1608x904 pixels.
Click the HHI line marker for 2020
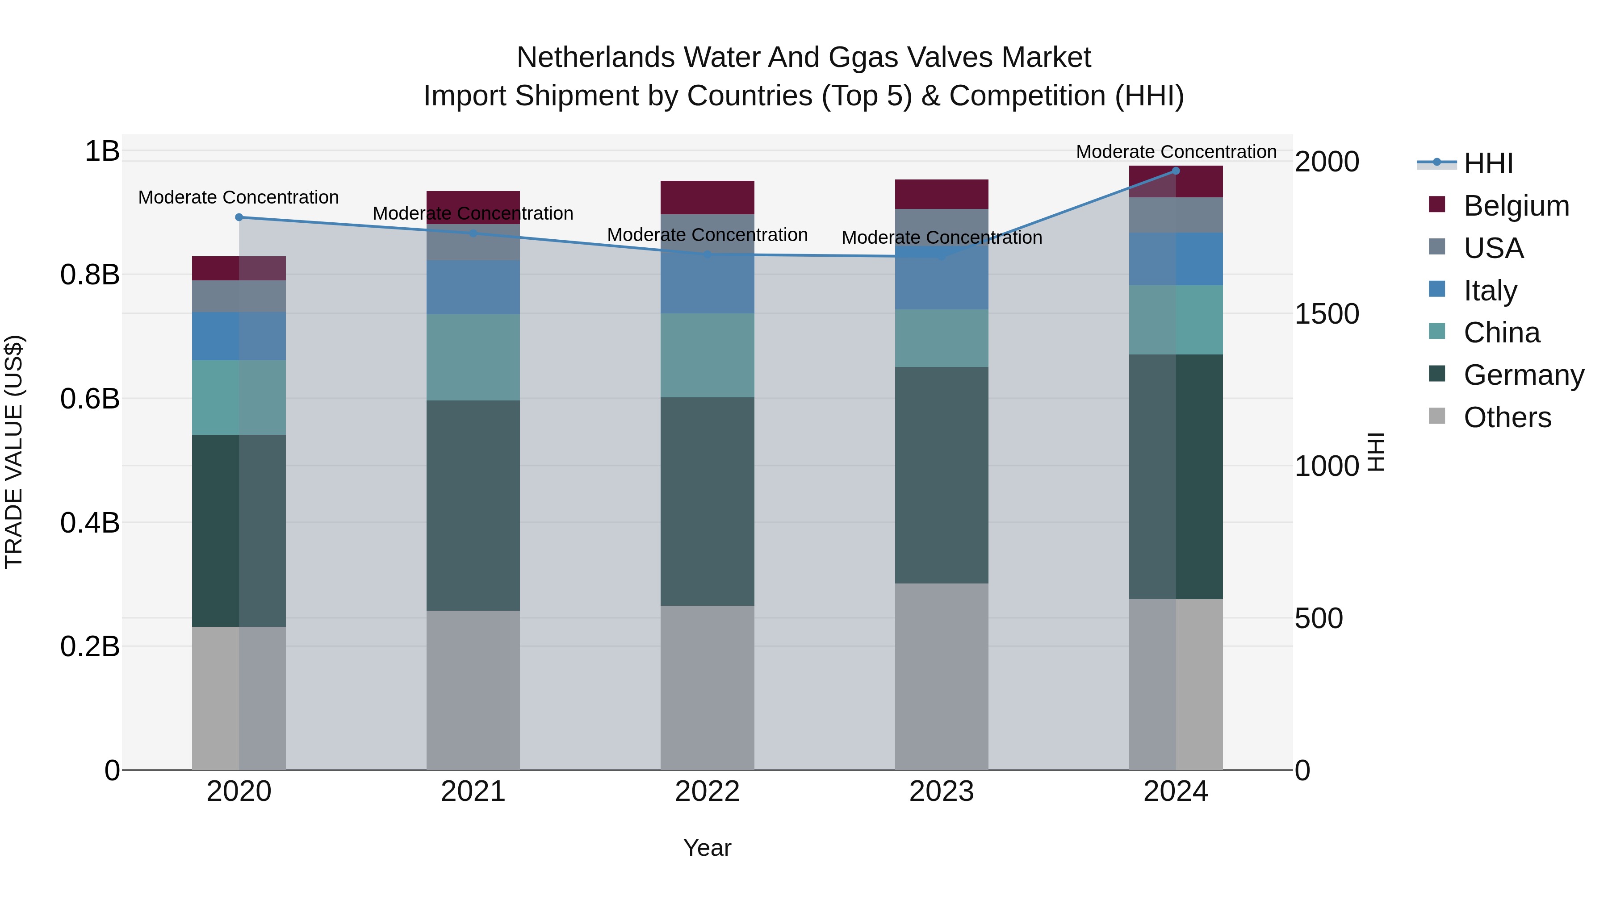239,217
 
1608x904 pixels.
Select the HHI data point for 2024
1176,171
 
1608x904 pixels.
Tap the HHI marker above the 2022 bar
707,254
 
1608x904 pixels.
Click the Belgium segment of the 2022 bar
707,198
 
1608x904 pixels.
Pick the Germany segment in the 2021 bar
473,505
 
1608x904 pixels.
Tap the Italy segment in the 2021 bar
473,287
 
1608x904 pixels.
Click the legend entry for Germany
1524,375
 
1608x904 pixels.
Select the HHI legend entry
1488,163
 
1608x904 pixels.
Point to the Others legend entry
1507,417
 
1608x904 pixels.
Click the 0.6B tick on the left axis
90,399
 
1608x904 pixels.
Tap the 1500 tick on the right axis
1327,314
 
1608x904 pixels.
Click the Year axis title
707,848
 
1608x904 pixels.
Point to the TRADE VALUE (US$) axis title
14,452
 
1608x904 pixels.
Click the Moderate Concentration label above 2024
1176,152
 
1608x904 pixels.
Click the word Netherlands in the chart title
595,58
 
